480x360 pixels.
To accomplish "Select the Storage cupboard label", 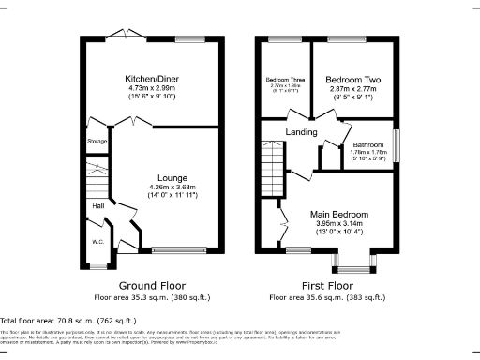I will tap(97, 142).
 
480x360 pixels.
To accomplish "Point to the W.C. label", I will tap(97, 243).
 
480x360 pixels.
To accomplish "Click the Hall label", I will tap(97, 205).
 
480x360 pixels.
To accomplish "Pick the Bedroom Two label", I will tap(352, 79).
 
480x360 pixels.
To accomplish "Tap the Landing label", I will tap(300, 132).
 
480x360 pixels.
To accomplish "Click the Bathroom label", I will tap(367, 145).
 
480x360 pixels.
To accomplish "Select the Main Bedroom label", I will tap(339, 214).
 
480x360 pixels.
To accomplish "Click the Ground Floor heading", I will tap(152, 285).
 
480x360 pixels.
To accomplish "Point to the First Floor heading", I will tap(328, 285).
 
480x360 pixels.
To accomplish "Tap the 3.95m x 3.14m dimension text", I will tap(339, 223).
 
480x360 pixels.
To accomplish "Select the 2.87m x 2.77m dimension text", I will tap(352, 87).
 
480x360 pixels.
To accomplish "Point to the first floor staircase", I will tap(272, 159).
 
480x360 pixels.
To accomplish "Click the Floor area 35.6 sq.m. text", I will tap(328, 297).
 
